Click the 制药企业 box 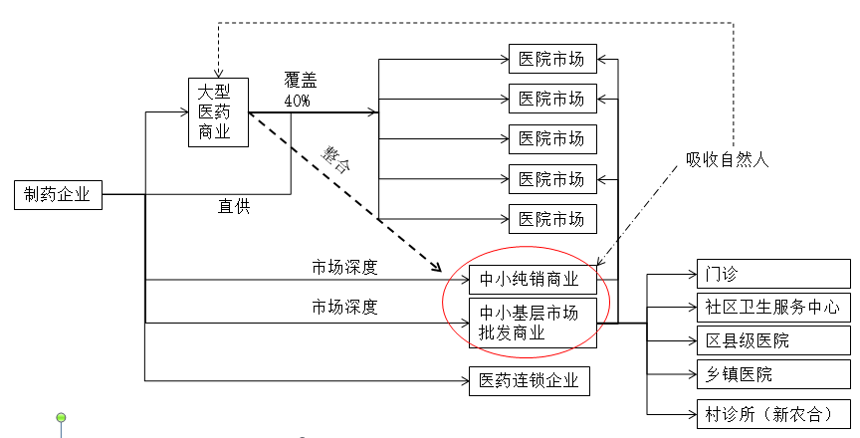coord(59,195)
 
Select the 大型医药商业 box coord(218,111)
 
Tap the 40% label coord(297,101)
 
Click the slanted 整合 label coord(338,159)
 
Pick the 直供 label coord(234,207)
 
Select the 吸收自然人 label coord(728,158)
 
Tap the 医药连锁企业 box coord(529,380)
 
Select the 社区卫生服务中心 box coord(772,307)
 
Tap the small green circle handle coord(62,416)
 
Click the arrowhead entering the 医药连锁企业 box coord(464,380)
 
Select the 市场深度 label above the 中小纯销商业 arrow coord(344,268)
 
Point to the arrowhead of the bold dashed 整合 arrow coord(438,267)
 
